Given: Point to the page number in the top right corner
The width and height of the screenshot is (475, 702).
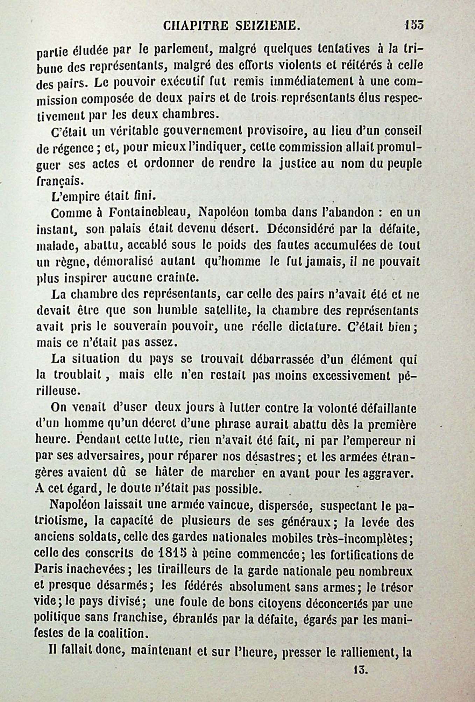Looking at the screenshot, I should pos(414,25).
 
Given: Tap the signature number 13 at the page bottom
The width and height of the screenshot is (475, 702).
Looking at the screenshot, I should pos(359,669).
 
